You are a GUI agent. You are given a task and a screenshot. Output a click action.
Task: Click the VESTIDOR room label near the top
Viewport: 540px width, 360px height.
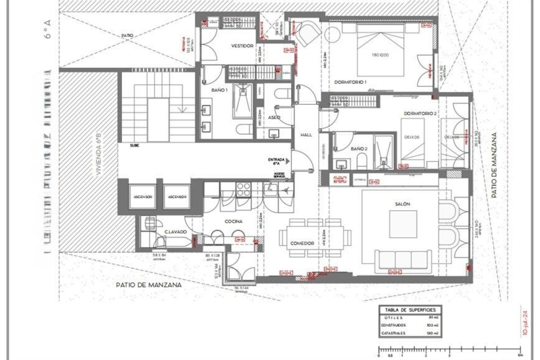pos(242,46)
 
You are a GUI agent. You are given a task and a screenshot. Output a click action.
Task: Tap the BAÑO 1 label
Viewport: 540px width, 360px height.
pos(220,90)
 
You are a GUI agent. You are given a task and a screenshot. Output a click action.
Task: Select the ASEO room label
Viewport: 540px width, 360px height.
pos(274,117)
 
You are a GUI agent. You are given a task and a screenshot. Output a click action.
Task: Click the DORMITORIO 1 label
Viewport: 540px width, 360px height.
pos(351,82)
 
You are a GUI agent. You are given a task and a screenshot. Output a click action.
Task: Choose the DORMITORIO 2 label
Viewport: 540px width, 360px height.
pos(420,113)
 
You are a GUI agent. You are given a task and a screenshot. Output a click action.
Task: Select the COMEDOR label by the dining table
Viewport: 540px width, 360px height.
pos(302,243)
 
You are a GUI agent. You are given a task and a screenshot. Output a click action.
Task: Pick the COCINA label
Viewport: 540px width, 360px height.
pos(234,221)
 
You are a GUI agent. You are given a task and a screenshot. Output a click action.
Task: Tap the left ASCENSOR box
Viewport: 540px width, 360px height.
pos(142,197)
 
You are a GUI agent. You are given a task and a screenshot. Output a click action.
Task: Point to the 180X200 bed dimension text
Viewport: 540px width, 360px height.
pos(381,55)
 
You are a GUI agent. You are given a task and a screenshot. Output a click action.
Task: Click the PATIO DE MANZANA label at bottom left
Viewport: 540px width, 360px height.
pos(148,285)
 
